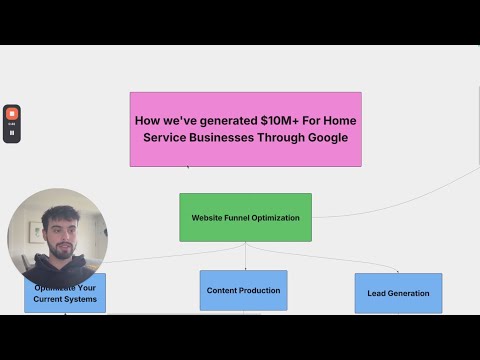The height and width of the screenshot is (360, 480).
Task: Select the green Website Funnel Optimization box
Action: click(x=245, y=217)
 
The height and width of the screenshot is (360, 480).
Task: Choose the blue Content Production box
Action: click(x=243, y=290)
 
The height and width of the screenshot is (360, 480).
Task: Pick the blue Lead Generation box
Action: click(x=398, y=293)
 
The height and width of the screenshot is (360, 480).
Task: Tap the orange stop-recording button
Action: click(x=12, y=114)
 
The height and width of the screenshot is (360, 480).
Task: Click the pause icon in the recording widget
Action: click(x=12, y=132)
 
